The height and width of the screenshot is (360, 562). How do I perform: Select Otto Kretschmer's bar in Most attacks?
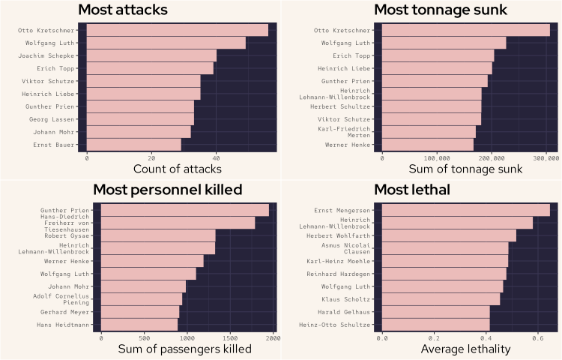[178, 30]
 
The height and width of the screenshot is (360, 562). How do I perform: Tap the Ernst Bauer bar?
[134, 143]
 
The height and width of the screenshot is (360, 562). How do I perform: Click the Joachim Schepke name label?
[49, 55]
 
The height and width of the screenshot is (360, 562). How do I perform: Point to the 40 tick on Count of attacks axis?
[216, 158]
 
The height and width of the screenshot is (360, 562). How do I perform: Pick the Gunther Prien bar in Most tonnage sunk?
[435, 81]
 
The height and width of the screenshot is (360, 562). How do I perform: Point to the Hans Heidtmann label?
[65, 325]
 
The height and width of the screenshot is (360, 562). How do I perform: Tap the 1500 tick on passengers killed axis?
[230, 338]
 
